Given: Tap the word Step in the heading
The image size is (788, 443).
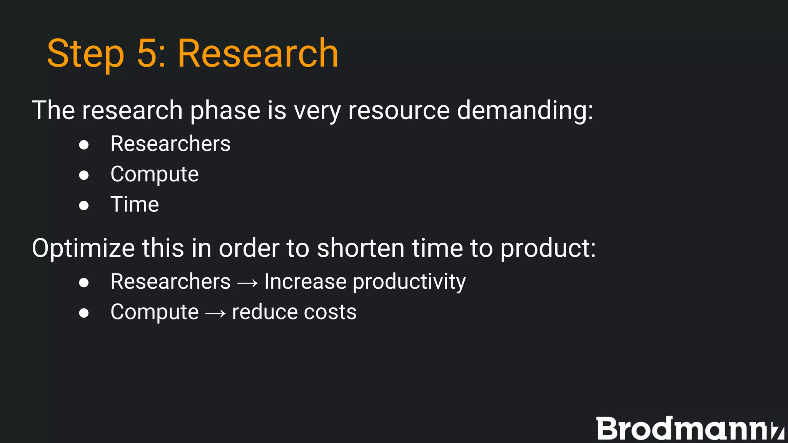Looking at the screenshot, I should click(85, 54).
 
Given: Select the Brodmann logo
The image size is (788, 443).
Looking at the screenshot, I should click(689, 428).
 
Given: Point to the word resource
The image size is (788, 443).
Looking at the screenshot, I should click(399, 110).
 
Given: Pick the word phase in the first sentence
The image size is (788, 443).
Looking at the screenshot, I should click(225, 110).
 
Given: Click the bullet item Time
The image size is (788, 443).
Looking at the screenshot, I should click(135, 204).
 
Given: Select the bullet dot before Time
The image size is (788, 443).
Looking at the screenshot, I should click(84, 205).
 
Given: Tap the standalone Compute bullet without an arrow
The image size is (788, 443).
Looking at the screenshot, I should click(154, 174).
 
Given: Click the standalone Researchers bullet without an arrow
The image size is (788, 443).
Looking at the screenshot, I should click(170, 144).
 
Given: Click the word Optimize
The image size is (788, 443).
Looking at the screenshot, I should click(83, 248).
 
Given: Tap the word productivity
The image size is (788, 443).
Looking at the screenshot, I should click(409, 282).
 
